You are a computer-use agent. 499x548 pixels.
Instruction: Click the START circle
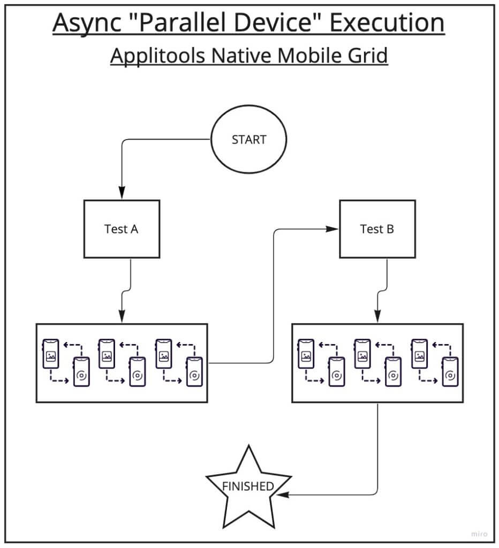tap(249, 140)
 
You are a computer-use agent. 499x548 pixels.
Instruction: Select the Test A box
tap(121, 229)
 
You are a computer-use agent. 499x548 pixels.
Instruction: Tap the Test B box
tap(377, 229)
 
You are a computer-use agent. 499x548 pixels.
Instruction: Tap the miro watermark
tap(478, 534)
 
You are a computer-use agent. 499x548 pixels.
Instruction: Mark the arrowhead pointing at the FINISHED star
tap(284, 494)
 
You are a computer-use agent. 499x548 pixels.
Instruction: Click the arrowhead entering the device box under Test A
tap(122, 316)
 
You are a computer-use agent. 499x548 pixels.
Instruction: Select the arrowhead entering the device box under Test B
tap(378, 316)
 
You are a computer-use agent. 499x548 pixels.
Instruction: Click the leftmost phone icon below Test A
tap(50, 353)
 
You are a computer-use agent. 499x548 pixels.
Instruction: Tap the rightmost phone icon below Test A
tap(193, 371)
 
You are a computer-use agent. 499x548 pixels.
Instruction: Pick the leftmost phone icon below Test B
tap(306, 353)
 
